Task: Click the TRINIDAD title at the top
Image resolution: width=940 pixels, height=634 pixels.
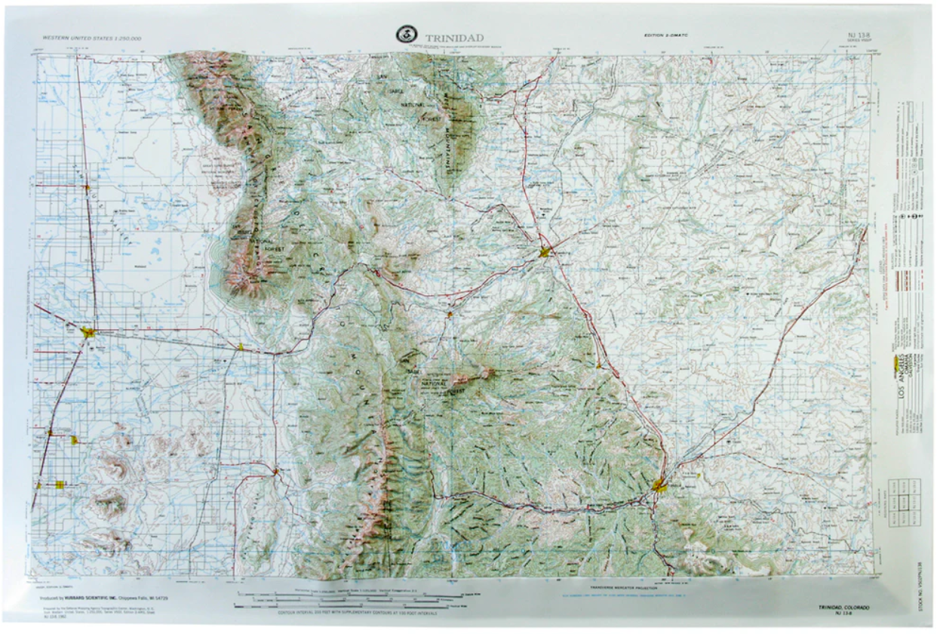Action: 454,38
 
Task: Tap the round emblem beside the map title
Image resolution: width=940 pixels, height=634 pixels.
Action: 407,35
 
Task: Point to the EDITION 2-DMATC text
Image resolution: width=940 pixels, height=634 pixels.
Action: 668,35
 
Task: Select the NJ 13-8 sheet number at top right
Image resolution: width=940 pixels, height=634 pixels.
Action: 858,35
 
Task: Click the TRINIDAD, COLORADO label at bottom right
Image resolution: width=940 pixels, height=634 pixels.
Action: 843,607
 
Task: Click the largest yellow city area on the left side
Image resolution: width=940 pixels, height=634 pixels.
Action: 88,331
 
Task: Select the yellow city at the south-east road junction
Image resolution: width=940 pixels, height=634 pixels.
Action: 660,485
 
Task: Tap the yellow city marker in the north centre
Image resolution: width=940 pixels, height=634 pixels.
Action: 546,252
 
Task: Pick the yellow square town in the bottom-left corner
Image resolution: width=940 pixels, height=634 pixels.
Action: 60,485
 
